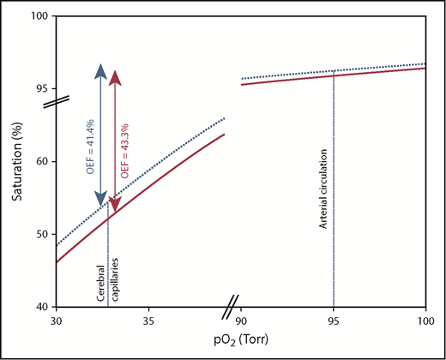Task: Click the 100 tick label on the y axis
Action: tap(39, 16)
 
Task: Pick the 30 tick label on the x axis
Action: tap(56, 321)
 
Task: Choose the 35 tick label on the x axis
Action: tap(148, 321)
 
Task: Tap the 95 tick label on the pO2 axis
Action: tap(333, 321)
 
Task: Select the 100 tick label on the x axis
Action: tap(425, 321)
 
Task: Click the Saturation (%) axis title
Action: tap(17, 161)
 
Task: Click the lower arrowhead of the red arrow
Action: tap(115, 206)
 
